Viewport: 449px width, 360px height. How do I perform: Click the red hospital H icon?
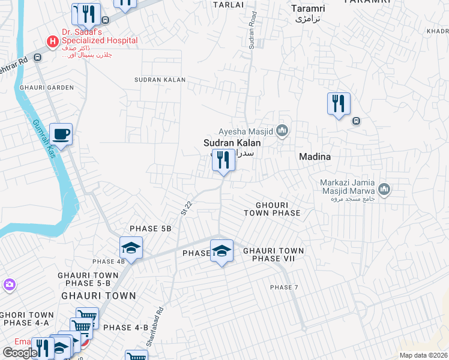53,41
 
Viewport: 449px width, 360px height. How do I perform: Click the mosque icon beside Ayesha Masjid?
282,131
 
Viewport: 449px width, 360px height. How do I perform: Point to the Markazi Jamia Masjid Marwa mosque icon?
384,190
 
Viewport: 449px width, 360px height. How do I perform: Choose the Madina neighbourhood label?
315,156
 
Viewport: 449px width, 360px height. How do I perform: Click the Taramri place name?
307,8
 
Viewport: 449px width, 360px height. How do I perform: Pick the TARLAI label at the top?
228,4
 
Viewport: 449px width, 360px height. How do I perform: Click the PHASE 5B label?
151,229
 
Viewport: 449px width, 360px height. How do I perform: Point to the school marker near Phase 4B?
130,247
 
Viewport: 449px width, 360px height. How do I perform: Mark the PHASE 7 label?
284,287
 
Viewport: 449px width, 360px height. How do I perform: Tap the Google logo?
20,352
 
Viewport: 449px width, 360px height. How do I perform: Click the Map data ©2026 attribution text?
423,355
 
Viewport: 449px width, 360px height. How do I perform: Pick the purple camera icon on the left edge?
9,284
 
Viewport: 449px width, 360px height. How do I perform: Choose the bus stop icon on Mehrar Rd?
38,58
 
